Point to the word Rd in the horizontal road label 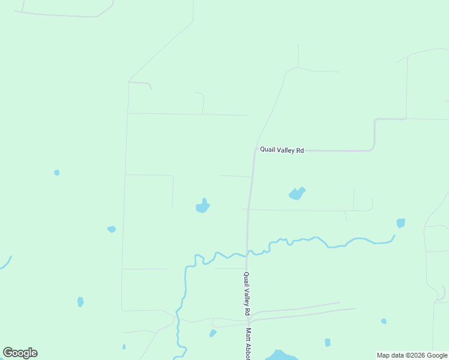pos(300,151)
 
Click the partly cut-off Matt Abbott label pos(247,344)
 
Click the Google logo pos(20,353)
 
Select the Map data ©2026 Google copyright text pos(412,355)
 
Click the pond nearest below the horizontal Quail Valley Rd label pos(297,193)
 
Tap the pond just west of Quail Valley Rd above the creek pos(203,206)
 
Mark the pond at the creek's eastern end pos(400,223)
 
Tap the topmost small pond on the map pos(56,172)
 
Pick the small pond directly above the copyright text pos(384,321)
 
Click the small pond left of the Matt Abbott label pos(212,333)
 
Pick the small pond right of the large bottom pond pos(327,343)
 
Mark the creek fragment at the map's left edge pos(6,263)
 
